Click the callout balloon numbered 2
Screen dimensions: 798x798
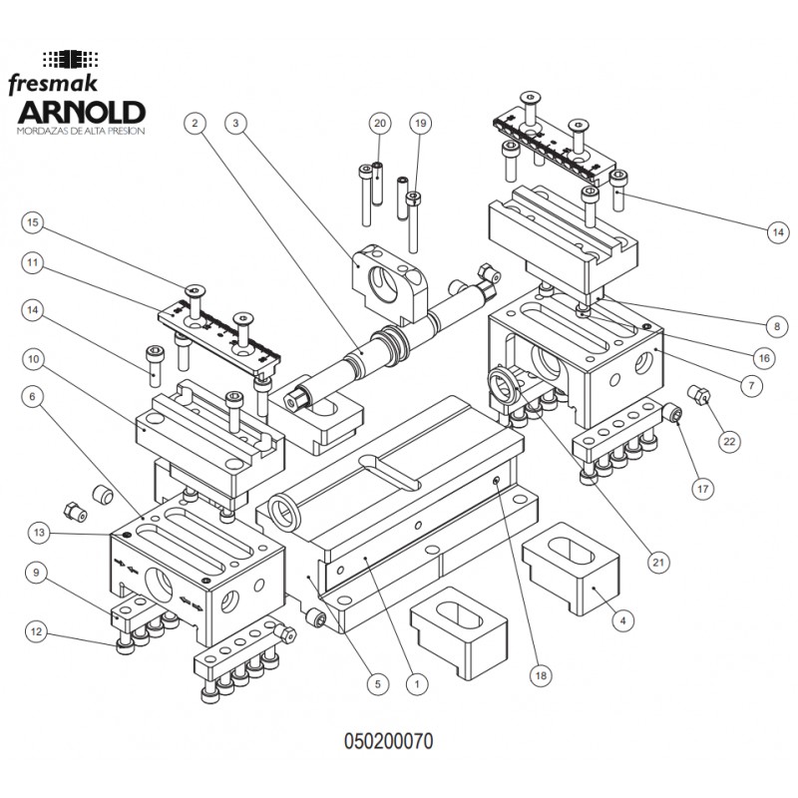196,123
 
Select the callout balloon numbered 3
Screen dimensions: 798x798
234,123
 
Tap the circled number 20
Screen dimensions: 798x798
378,123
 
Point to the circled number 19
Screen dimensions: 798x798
419,123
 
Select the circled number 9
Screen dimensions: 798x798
34,573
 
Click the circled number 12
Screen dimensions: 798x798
34,630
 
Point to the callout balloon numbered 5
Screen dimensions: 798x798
375,684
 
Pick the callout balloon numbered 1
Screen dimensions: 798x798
417,684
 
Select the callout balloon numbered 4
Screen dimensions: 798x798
622,619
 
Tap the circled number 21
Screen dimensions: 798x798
657,562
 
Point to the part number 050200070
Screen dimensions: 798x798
389,742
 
